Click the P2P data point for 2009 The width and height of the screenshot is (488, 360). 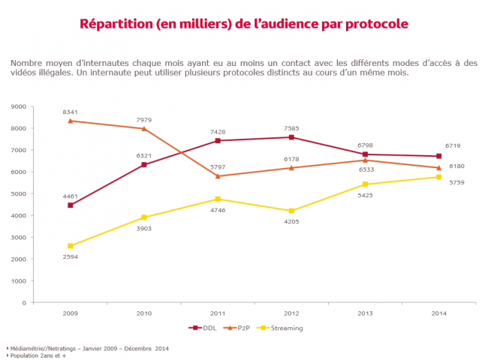[71, 121]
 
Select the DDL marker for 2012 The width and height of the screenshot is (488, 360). [291, 137]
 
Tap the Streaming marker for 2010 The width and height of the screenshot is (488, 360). [144, 217]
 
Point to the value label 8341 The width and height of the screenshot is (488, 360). [71, 112]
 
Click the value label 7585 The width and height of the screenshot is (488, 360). [291, 128]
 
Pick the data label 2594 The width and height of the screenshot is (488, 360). [71, 256]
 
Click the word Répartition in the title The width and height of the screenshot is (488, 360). [114, 23]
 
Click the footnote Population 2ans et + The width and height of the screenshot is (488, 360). [35, 355]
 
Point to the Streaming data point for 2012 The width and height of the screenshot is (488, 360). [291, 211]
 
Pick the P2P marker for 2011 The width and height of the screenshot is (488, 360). [218, 176]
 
